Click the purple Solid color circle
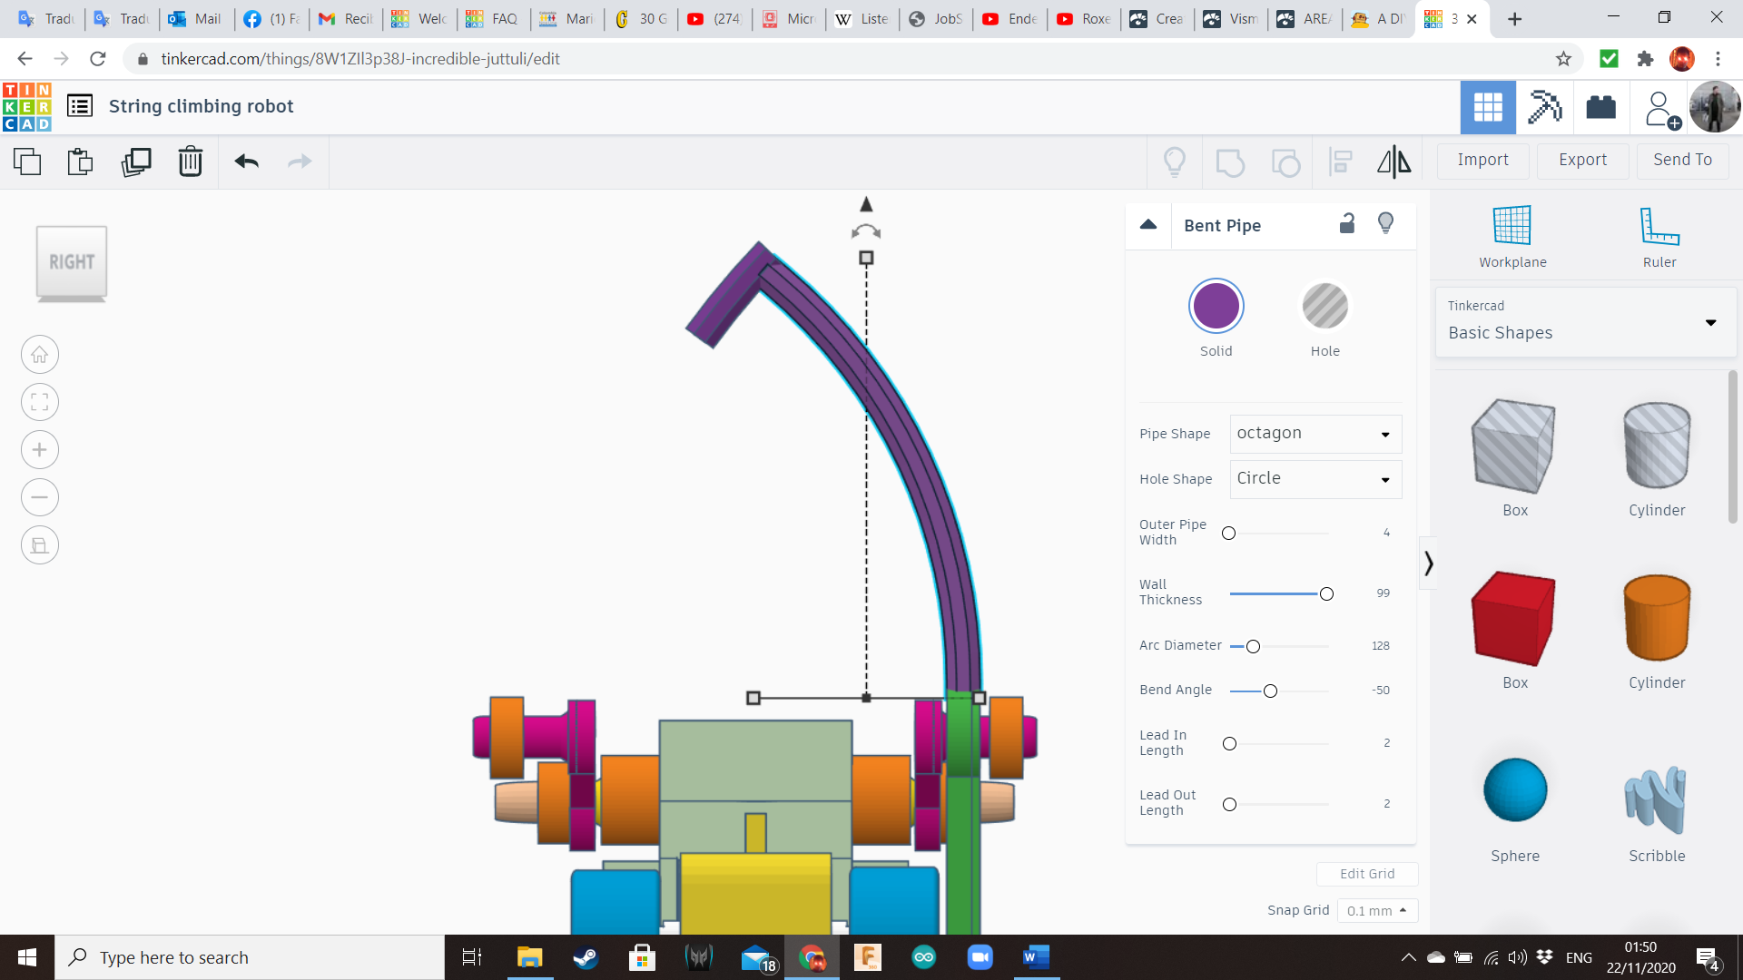click(1216, 306)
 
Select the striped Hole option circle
click(1324, 306)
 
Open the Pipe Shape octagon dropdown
click(1315, 434)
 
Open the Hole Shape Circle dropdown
click(1315, 479)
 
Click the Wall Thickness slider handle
click(1326, 594)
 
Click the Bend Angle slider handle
click(1270, 691)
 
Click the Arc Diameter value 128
click(1380, 646)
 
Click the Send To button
click(1682, 160)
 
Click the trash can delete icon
click(190, 162)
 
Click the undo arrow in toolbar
click(246, 162)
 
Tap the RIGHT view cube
click(72, 262)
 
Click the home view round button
click(40, 355)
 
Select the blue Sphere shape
click(1514, 789)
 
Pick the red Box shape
click(1513, 619)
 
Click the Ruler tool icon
click(1659, 227)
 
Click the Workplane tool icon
click(1512, 227)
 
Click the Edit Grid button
click(1366, 874)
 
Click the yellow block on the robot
click(755, 894)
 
